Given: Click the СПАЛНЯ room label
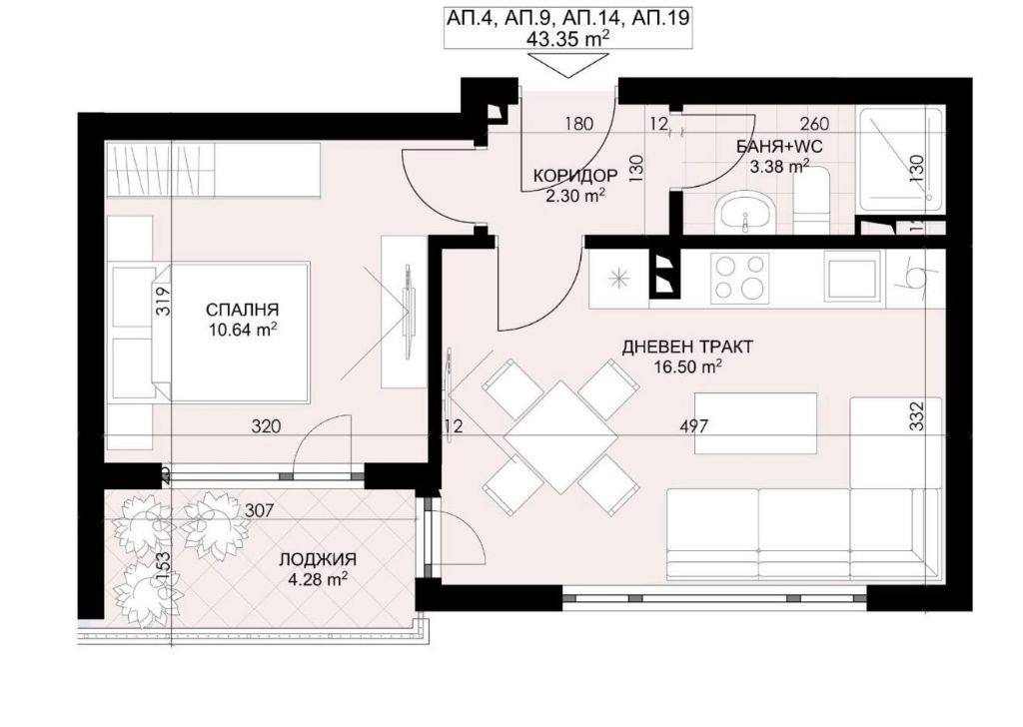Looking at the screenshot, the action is tap(242, 309).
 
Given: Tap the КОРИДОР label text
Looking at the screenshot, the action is tap(575, 176).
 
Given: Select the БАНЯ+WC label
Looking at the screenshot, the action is tap(779, 147).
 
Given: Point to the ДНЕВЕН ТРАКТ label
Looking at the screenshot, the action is tap(687, 347).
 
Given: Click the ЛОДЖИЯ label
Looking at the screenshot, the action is tap(317, 559).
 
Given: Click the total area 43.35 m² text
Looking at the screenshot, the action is tap(567, 39).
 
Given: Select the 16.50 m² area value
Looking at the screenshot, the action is tap(687, 366).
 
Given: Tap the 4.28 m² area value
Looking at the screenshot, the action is tap(317, 579).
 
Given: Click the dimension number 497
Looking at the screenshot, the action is tap(694, 426).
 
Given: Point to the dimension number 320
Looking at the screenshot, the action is tap(266, 426).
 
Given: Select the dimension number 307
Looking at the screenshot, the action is tap(259, 510).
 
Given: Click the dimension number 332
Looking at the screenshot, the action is tap(917, 416).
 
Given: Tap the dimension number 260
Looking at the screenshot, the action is tap(814, 123).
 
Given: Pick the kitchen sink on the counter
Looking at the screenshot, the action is tap(852, 276).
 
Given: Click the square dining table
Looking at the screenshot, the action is tap(561, 436).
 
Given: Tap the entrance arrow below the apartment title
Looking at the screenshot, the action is tap(566, 65).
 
